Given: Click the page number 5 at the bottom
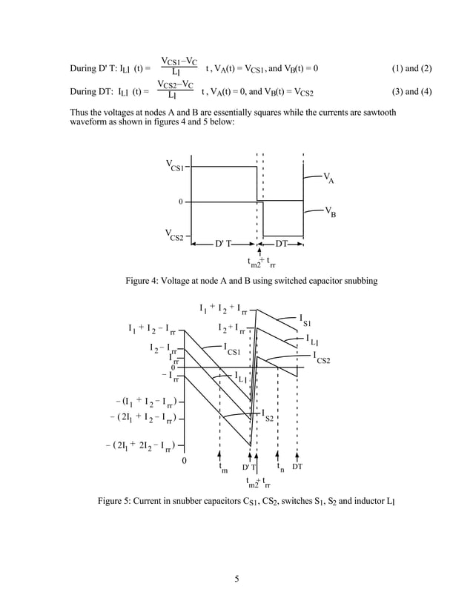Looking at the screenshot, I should click(x=236, y=579).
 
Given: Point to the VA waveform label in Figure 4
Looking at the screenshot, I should click(x=328, y=178).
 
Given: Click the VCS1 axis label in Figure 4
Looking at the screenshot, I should click(x=175, y=166).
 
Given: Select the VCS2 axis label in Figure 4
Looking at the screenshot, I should click(x=175, y=236).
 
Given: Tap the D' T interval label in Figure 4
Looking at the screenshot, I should click(x=225, y=244).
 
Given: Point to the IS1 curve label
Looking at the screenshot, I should click(x=305, y=320).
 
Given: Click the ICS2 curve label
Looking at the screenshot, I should click(x=322, y=358).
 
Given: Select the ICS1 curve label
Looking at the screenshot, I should click(x=233, y=348).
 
